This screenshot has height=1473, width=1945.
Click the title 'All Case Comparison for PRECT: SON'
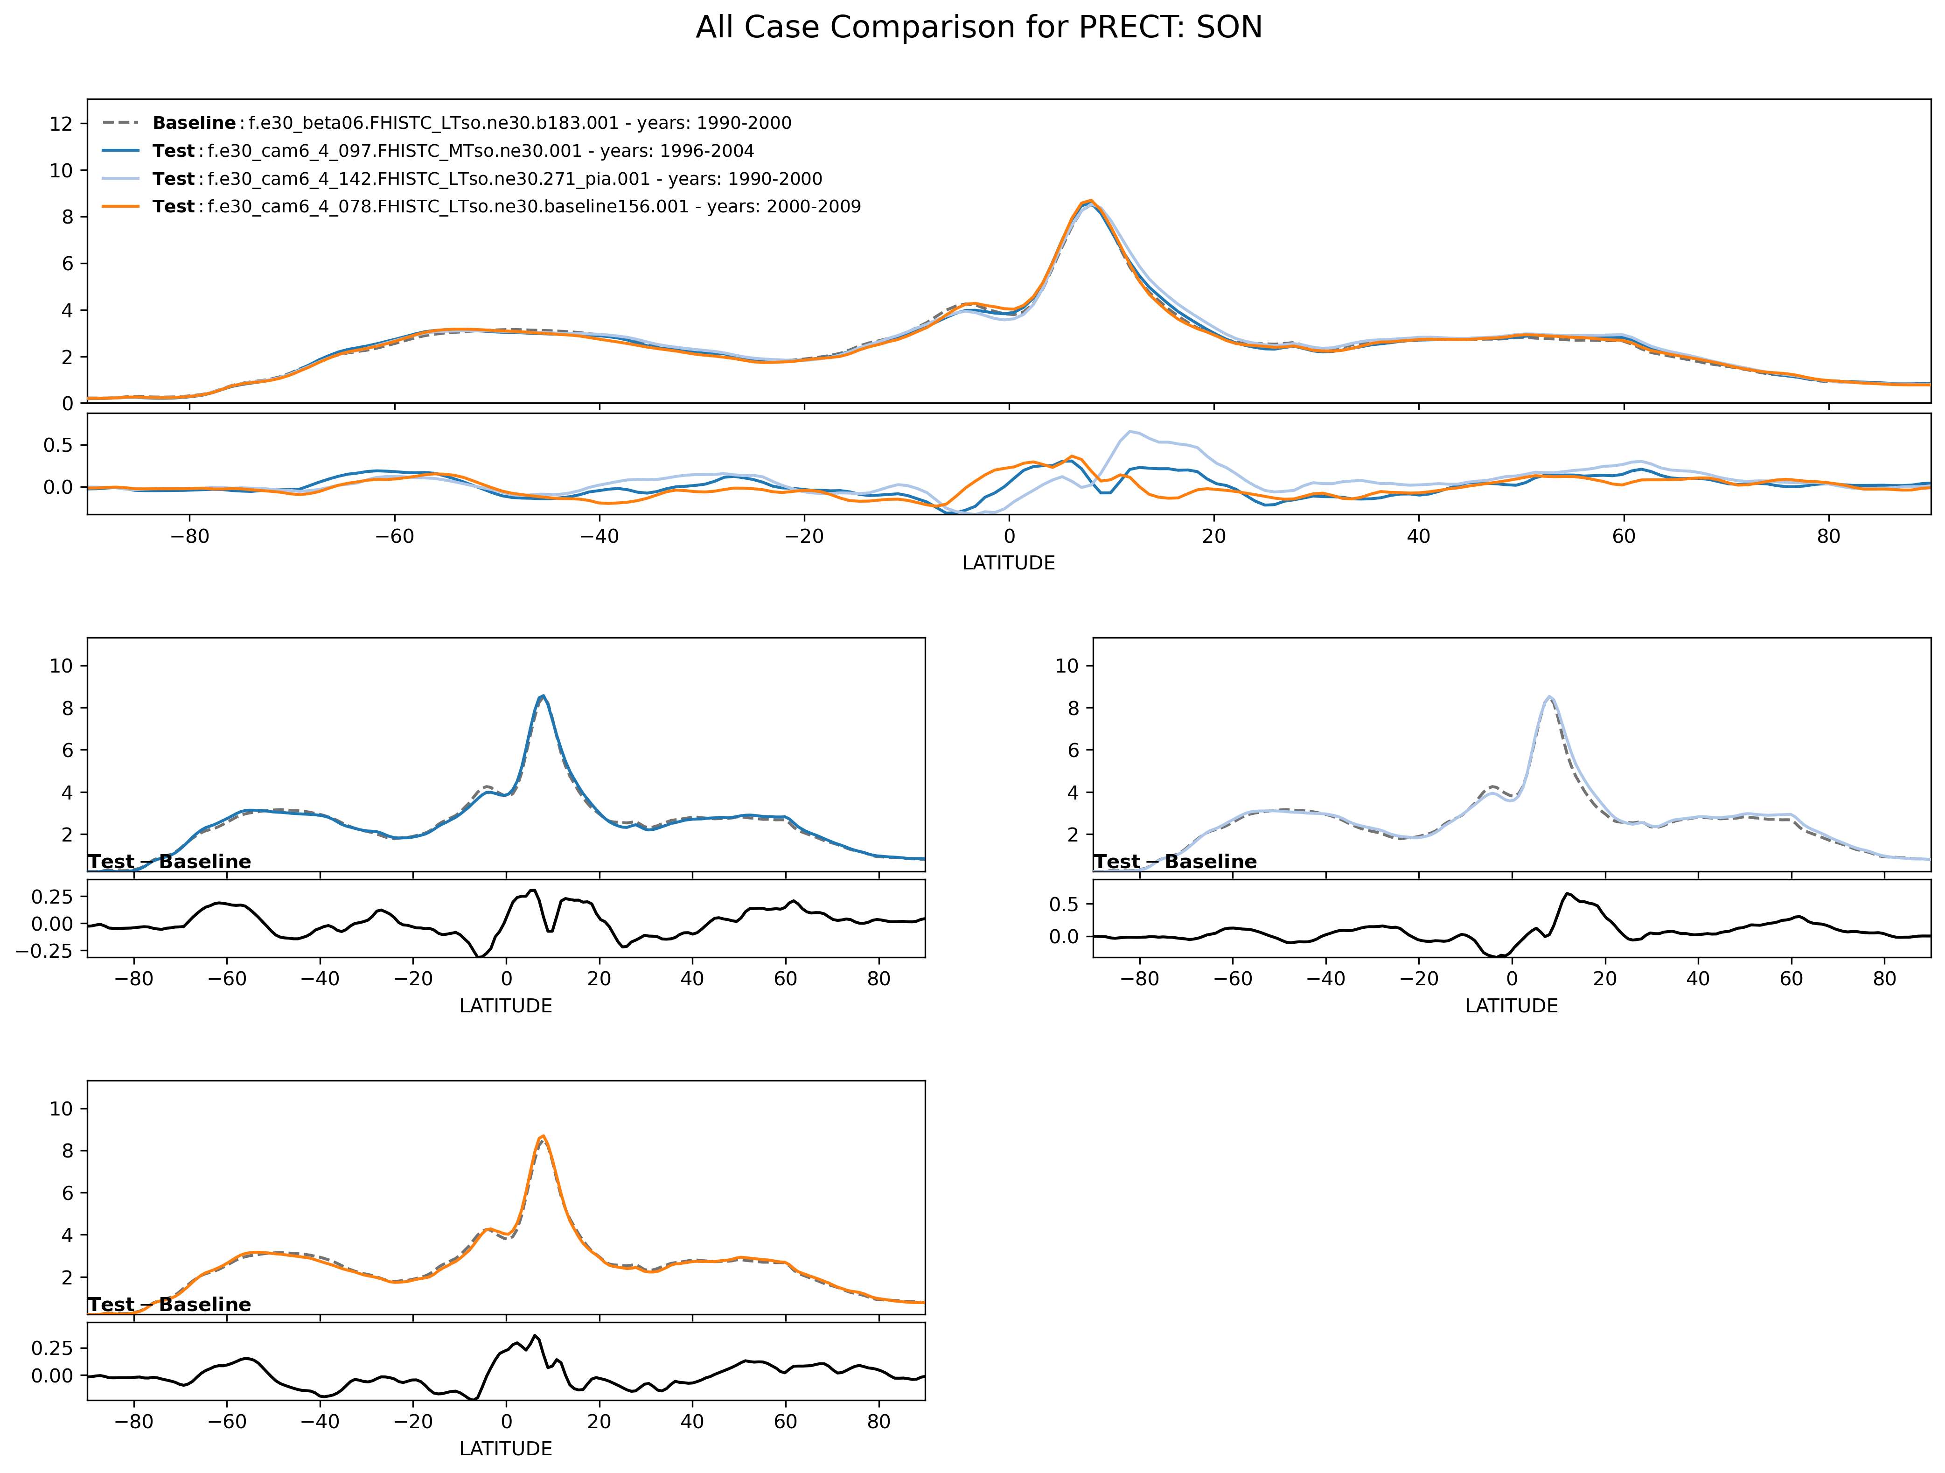979,27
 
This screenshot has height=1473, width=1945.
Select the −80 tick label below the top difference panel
190,536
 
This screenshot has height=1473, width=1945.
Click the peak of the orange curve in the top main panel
1090,201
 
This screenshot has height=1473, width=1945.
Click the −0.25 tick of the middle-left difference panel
53,951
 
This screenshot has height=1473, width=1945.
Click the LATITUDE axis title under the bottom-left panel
506,1448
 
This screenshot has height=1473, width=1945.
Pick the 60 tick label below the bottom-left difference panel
785,1421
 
